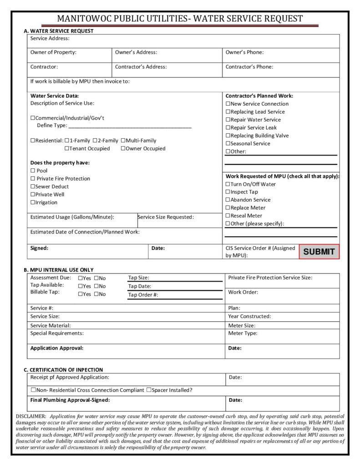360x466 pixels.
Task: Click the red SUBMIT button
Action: pos(319,252)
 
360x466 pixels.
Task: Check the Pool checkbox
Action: pos(33,171)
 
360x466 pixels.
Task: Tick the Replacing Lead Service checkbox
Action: pos(228,112)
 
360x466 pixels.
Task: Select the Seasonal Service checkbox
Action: pos(228,144)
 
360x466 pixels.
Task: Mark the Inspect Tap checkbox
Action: pos(228,192)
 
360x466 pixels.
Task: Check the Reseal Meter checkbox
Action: pos(228,216)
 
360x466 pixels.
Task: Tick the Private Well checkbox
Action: pos(33,195)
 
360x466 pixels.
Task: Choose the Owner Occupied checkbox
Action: pos(123,149)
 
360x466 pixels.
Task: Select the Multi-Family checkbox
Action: pos(123,141)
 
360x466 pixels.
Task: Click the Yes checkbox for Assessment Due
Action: pos(81,278)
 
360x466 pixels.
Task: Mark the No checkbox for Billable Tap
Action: pos(96,294)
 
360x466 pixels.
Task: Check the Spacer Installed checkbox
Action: pos(149,390)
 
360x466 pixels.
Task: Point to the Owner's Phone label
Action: pos(244,52)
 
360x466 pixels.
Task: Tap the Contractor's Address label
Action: pos(141,67)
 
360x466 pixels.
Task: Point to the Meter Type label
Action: pos(243,333)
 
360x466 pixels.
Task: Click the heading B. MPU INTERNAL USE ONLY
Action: pos(59,270)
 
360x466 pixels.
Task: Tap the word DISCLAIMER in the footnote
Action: pos(31,416)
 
